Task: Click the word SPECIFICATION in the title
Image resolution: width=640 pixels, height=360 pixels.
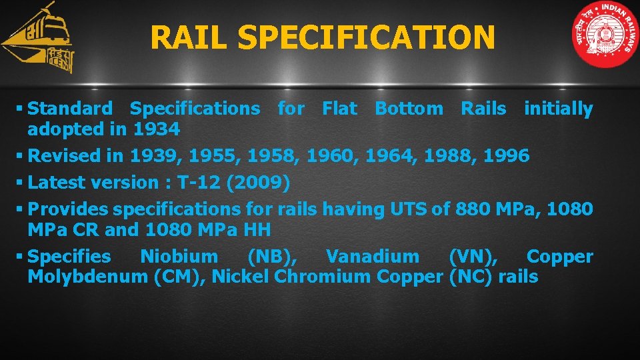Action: (366, 37)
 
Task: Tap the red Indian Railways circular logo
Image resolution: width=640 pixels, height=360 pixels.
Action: (605, 35)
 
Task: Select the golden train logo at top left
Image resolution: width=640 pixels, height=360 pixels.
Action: (39, 39)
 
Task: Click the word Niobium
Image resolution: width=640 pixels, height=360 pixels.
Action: (179, 257)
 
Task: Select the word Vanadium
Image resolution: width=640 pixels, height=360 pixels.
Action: (373, 257)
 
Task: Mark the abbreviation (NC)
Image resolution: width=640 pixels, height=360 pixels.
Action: (472, 277)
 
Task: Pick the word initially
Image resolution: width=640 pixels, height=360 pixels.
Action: (558, 109)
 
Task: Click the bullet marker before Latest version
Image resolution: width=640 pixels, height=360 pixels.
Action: (22, 183)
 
